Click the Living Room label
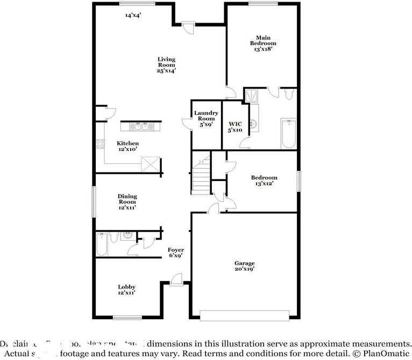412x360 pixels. point(166,64)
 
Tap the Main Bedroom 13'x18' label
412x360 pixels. point(263,43)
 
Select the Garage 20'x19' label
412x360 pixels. point(244,266)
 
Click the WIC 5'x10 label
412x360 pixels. point(235,127)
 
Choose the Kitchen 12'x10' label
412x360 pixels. point(128,146)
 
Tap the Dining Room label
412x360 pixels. point(127,201)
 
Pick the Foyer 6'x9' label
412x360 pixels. point(176,253)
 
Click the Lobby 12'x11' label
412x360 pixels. point(127,290)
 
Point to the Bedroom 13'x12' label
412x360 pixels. point(264,181)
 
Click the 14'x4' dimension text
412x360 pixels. point(133,16)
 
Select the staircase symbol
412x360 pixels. point(202,175)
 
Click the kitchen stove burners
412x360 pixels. point(100,143)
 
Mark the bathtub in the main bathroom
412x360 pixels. point(288,133)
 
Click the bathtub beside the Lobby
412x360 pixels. point(102,244)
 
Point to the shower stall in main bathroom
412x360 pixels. point(252,96)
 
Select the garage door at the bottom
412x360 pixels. point(245,314)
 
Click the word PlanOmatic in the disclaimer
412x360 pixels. point(383,354)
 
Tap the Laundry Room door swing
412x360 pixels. point(187,123)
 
